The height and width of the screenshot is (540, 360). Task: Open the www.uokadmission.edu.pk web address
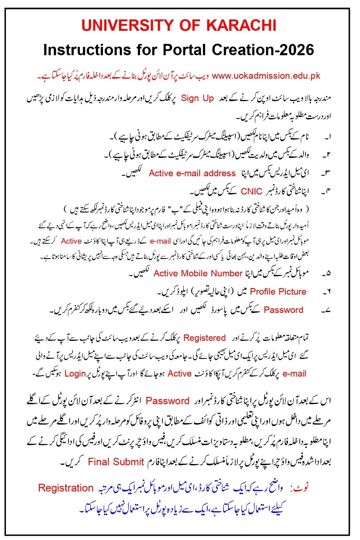266,76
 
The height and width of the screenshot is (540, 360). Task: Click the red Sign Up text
198,98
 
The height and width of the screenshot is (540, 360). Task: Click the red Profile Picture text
278,292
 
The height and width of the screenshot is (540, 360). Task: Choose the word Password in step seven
283,310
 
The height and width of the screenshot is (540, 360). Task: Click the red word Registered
205,337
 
